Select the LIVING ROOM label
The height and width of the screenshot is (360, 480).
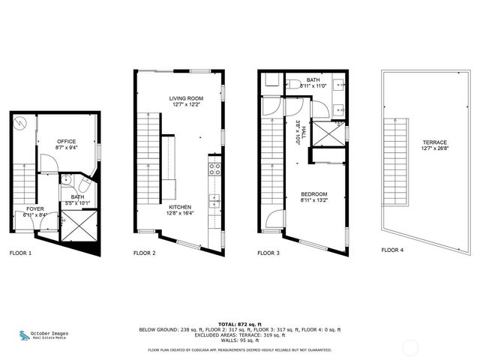187,97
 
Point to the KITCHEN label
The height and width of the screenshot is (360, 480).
180,206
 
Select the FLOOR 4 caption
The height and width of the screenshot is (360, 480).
394,250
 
